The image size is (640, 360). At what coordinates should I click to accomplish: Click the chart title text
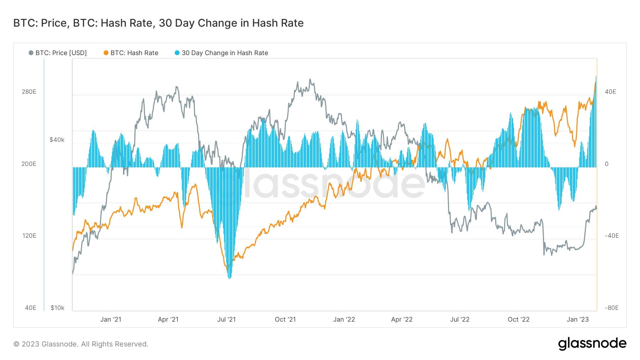[x=158, y=23]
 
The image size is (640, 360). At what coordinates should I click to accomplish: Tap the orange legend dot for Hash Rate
[x=106, y=53]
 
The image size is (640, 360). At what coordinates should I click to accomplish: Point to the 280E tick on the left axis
[x=29, y=92]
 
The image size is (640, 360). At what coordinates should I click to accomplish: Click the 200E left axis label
[x=29, y=164]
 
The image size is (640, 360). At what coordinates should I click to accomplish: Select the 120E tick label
[x=29, y=236]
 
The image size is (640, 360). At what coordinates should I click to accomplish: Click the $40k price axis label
[x=57, y=140]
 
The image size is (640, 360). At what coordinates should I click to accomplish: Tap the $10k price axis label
[x=57, y=308]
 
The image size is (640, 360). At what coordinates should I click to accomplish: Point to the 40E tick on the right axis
[x=610, y=92]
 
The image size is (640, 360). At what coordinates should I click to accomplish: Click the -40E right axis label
[x=612, y=236]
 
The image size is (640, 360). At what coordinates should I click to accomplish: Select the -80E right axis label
[x=612, y=308]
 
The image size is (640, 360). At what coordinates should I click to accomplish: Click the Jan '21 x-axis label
[x=111, y=319]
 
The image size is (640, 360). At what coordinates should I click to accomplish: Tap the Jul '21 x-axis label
[x=226, y=319]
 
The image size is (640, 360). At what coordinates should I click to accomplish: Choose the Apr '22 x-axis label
[x=402, y=319]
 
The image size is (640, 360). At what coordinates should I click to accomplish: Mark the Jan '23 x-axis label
[x=577, y=319]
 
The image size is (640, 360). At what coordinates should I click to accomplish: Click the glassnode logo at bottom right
[x=592, y=344]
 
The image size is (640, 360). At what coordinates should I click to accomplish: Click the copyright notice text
[x=81, y=344]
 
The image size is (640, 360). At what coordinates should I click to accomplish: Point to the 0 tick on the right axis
[x=607, y=164]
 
